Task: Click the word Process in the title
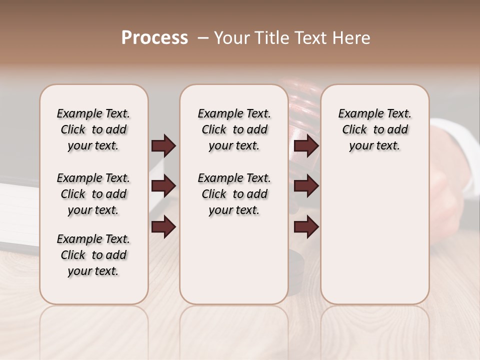[x=154, y=37]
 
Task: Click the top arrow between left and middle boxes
[x=163, y=145]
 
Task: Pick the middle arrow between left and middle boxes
[x=163, y=186]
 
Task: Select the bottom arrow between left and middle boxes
[x=163, y=227]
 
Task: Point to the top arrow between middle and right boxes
[x=306, y=145]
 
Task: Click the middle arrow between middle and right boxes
[x=306, y=186]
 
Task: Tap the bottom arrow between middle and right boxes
[x=306, y=227]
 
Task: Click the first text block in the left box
[x=93, y=129]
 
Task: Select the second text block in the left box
[x=93, y=194]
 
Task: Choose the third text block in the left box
[x=93, y=255]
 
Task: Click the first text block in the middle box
[x=234, y=129]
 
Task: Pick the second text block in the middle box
[x=234, y=194]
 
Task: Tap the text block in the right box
[x=374, y=129]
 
